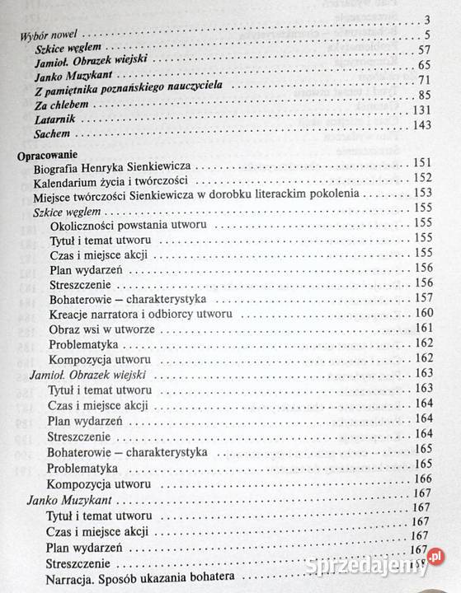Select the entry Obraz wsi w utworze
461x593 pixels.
[x=104, y=329]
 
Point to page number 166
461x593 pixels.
[x=421, y=479]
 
